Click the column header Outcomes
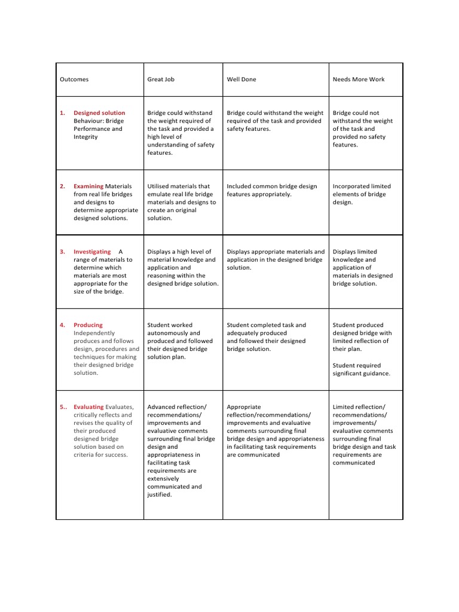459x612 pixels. pos(74,79)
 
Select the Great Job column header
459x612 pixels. pos(161,79)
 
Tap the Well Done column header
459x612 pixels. pos(241,79)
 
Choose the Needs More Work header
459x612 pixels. pos(359,79)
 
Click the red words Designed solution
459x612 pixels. pos(99,113)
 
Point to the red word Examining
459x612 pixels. pos(88,186)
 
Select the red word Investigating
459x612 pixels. pos(92,252)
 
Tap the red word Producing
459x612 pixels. pos(88,326)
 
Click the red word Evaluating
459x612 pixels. pos(88,407)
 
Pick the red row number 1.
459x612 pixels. pos(62,113)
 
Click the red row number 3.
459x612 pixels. pos(62,252)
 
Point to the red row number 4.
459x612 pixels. pos(62,326)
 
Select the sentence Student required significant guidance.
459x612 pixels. pos(361,369)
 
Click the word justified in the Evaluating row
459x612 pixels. pos(159,495)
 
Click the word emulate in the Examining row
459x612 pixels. pos(161,195)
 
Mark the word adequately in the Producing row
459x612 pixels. pos(243,333)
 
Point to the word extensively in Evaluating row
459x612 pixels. pos(165,479)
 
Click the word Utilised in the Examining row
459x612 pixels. pos(159,186)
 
